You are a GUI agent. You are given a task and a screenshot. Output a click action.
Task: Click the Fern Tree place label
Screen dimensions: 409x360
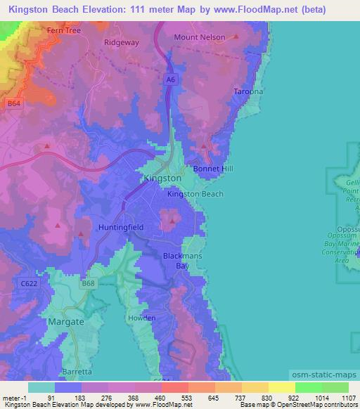click(65, 31)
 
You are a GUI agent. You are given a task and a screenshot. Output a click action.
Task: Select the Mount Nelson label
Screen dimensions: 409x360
click(200, 37)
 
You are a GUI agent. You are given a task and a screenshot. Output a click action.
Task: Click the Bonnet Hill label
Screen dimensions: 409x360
click(213, 169)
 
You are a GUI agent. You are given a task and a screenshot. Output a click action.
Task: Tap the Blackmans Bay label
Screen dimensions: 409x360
click(183, 261)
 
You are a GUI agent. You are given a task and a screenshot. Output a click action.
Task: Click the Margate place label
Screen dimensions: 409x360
click(65, 321)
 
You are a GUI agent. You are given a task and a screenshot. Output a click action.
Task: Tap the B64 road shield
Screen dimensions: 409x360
click(13, 103)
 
